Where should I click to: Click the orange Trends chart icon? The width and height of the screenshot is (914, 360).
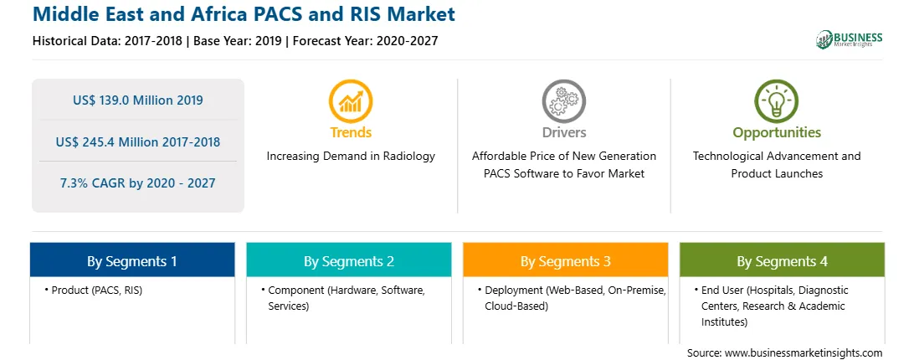351,101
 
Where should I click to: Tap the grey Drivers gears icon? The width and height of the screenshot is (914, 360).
563,101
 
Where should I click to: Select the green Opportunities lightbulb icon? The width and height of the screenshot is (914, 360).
777,101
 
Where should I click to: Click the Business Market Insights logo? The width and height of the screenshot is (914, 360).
849,39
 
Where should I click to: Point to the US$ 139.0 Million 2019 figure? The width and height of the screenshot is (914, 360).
138,100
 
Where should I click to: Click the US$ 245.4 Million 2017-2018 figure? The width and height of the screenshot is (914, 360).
138,141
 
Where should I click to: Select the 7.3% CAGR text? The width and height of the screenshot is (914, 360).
138,183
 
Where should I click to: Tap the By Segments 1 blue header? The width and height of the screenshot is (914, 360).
132,260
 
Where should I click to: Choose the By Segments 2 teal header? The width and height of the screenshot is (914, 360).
348,260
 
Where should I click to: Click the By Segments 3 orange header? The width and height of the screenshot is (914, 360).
566,260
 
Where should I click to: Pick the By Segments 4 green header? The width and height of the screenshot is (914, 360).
783,260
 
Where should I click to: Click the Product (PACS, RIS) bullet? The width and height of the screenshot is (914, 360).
93,291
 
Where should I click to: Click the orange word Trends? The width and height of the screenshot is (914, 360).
351,132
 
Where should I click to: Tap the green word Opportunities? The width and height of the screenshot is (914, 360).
777,133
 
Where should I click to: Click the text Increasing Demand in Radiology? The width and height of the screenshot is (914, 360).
351,157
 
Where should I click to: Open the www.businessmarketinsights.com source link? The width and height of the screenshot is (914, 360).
804,353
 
